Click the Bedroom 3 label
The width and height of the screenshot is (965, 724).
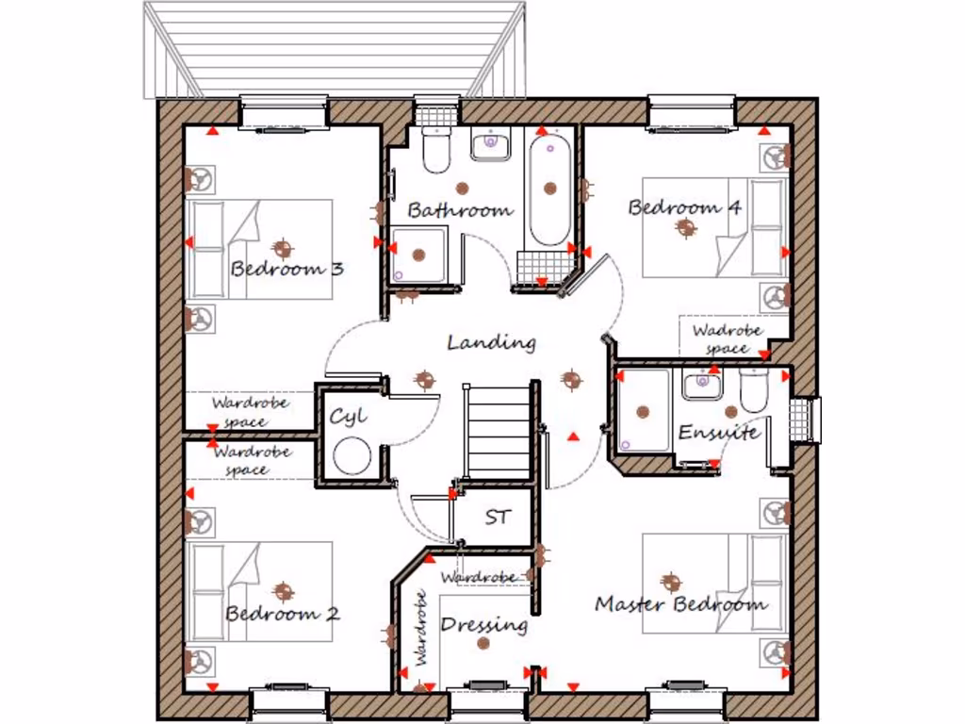[286, 269]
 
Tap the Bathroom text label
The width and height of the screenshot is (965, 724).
[460, 210]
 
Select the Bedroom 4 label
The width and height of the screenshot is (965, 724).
[684, 207]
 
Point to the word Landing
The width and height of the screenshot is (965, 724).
[491, 342]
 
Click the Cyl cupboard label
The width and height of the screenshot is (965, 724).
[348, 416]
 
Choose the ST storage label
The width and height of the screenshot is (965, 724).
[498, 518]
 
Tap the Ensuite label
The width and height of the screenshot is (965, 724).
[718, 433]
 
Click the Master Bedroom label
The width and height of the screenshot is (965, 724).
[680, 604]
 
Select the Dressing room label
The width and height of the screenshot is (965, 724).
[483, 624]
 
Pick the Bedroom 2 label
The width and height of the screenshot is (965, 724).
[282, 614]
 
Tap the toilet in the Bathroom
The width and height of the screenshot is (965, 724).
[436, 151]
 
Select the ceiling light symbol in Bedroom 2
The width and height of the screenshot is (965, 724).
[283, 591]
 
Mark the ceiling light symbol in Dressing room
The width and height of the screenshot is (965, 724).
[484, 643]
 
